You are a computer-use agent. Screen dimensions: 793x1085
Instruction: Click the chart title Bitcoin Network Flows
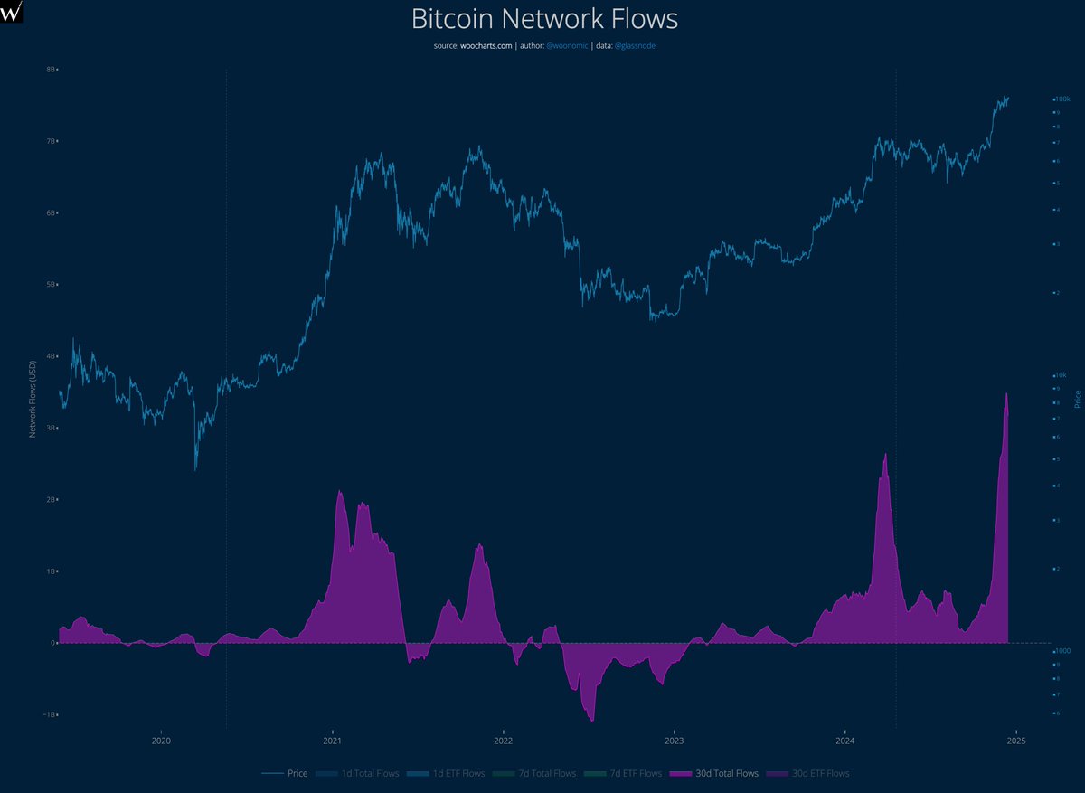[x=543, y=19]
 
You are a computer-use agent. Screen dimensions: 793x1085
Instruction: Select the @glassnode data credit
[x=635, y=45]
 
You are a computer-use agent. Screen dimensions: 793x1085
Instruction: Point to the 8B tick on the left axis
[x=52, y=69]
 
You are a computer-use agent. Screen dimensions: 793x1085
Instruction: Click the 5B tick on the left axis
[x=52, y=285]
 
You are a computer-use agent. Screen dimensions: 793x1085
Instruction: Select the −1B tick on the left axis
[x=50, y=714]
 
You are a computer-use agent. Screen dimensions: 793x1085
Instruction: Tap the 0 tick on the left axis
[x=54, y=643]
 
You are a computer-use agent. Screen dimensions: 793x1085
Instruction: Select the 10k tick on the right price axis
[x=1061, y=374]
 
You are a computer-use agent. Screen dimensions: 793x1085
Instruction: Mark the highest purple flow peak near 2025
[x=1005, y=395]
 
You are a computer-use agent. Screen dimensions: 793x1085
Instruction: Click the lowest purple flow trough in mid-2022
[x=591, y=720]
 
